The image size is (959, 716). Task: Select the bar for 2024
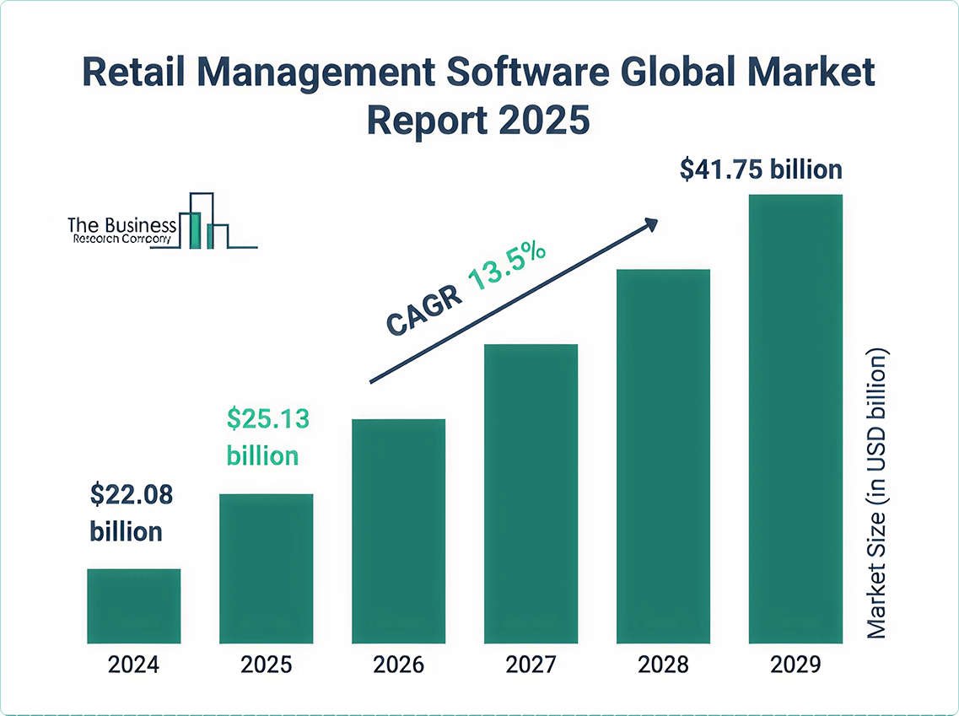pyautogui.click(x=133, y=606)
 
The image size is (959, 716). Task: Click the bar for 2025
pyautogui.click(x=267, y=568)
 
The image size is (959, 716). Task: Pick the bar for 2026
pyautogui.click(x=398, y=530)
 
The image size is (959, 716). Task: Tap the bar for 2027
pyautogui.click(x=531, y=493)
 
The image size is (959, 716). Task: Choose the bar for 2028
pyautogui.click(x=663, y=455)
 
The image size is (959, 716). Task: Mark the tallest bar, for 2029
pyautogui.click(x=795, y=418)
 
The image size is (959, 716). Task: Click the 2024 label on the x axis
pyautogui.click(x=133, y=665)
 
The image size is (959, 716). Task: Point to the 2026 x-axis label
pyautogui.click(x=398, y=665)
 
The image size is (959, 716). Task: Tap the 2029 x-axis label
pyautogui.click(x=795, y=665)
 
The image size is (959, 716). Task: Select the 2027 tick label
pyautogui.click(x=531, y=665)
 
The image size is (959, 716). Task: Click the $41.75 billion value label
pyautogui.click(x=761, y=170)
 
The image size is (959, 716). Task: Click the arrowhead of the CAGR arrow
pyautogui.click(x=650, y=223)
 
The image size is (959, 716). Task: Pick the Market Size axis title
pyautogui.click(x=878, y=493)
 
